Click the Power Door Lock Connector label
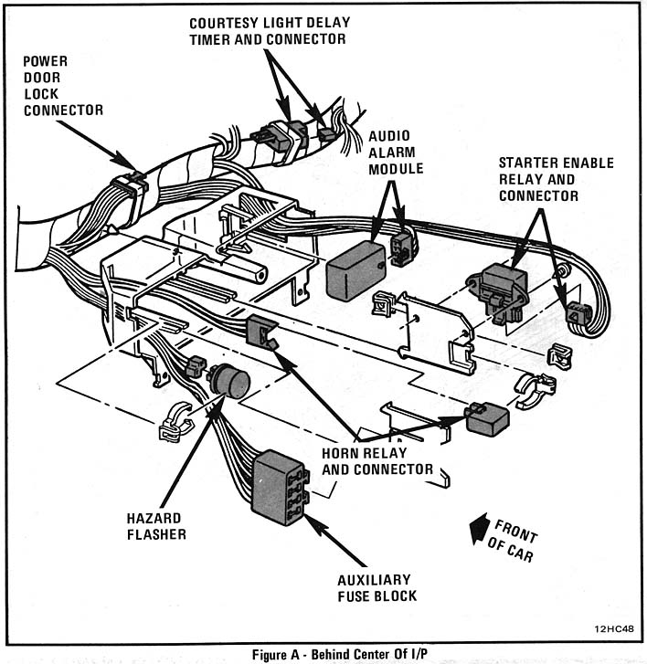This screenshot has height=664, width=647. tap(62, 84)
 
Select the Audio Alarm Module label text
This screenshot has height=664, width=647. tap(396, 153)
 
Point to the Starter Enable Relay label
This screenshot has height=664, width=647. tap(555, 179)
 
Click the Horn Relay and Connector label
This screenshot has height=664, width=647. tap(377, 460)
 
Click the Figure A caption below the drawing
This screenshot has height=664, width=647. tap(323, 654)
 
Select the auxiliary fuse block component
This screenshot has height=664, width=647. tap(278, 486)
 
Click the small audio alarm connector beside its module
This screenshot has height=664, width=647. tap(400, 246)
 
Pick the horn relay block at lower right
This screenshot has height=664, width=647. tap(486, 418)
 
